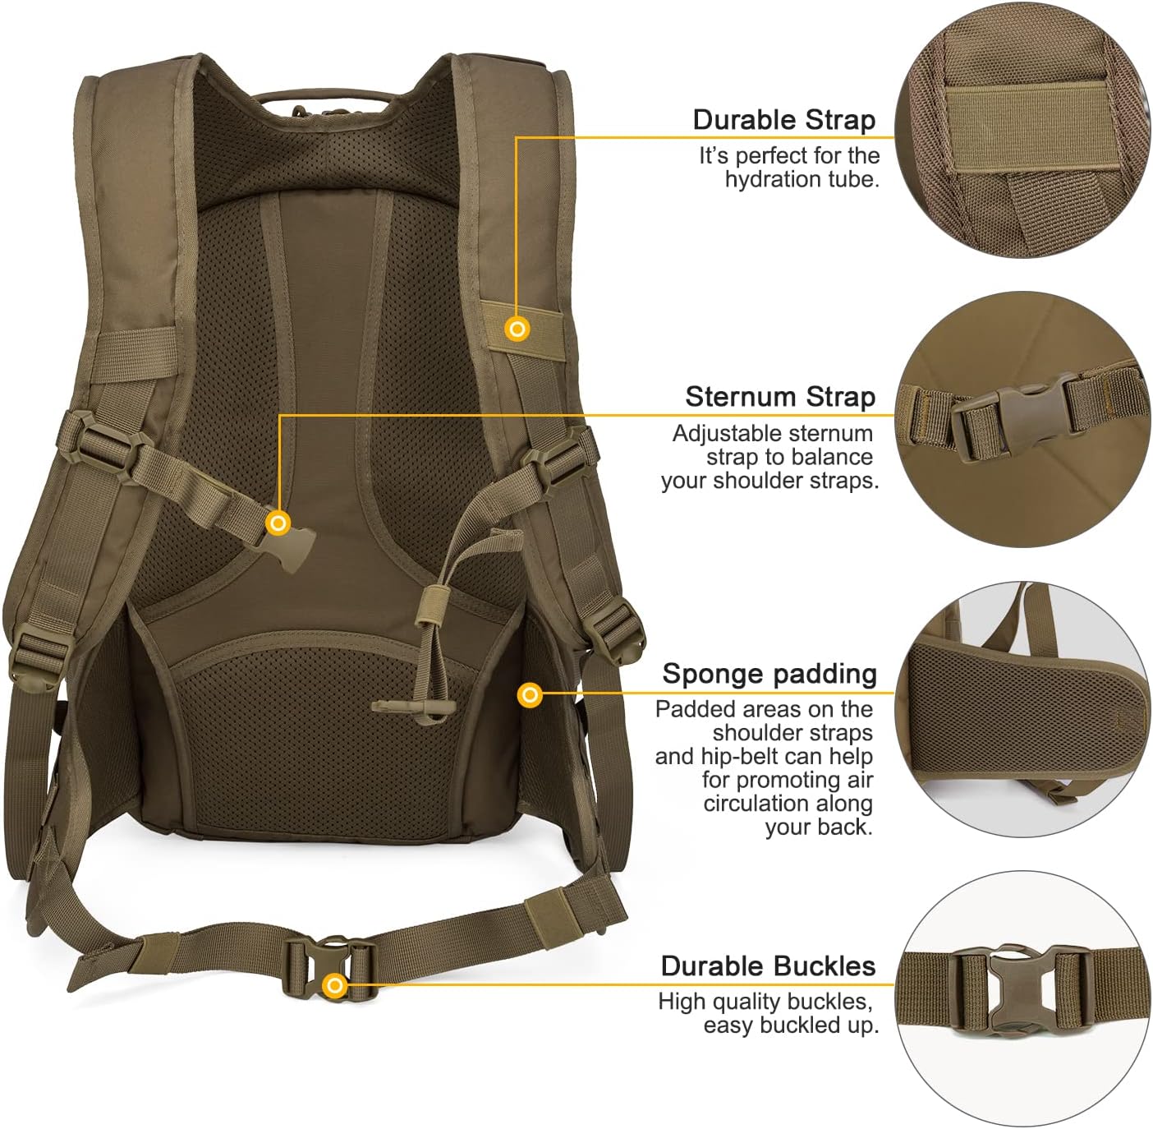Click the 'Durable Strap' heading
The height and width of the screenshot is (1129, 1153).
coord(784,120)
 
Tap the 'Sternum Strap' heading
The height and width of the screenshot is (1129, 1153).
coord(780,397)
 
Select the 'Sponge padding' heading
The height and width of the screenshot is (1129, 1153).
coord(769,675)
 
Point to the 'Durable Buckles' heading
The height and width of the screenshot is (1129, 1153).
coord(769,966)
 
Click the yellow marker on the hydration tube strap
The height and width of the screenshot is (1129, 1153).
coord(517,329)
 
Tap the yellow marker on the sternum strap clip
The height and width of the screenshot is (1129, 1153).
coord(278,523)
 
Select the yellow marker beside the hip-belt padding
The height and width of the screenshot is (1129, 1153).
coord(529,694)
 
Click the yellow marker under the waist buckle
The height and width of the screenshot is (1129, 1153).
coord(335,985)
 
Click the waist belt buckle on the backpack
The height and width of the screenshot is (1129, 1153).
coord(331,962)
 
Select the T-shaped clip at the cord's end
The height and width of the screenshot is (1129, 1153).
coord(414,706)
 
